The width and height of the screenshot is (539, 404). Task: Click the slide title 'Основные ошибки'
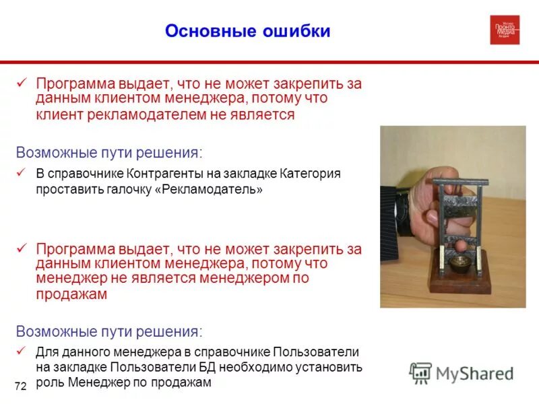coord(248,31)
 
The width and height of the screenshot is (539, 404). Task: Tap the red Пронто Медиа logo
coord(505,30)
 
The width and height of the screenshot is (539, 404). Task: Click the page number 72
coord(20,386)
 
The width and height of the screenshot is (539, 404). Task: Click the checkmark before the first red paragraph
coord(22,83)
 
